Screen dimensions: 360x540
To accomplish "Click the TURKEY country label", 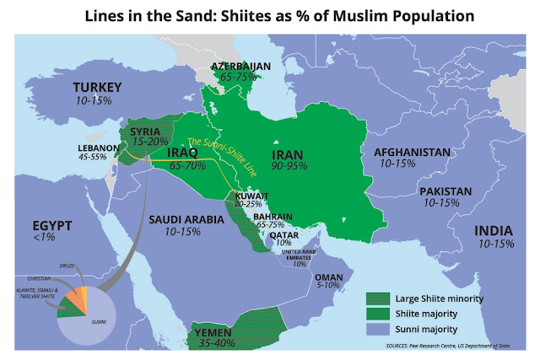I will pos(99,88).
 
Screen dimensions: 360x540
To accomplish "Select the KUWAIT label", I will pos(252,196).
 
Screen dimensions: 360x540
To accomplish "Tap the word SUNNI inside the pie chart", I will pos(99,321).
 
